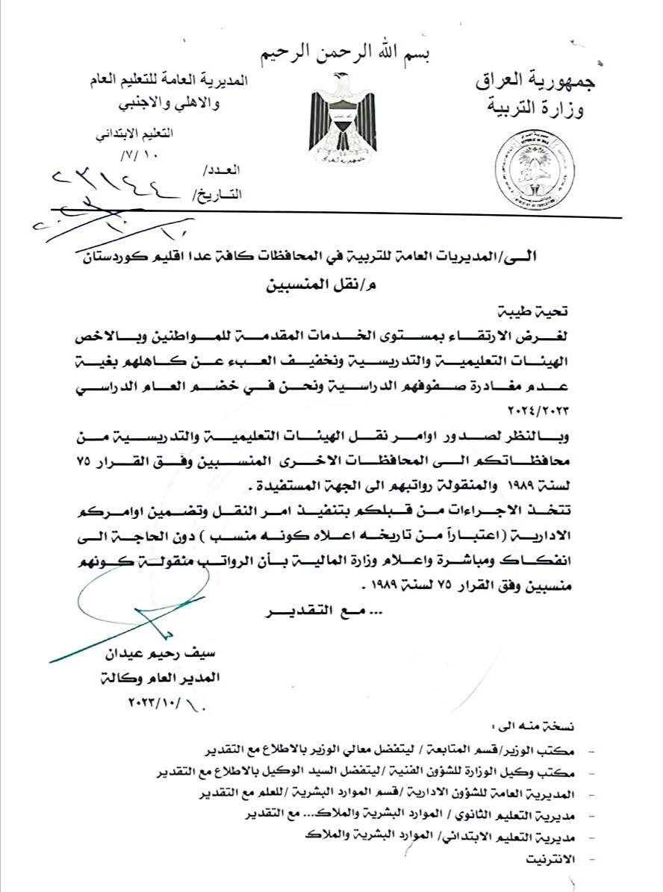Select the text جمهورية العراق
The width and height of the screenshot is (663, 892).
(x=536, y=80)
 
